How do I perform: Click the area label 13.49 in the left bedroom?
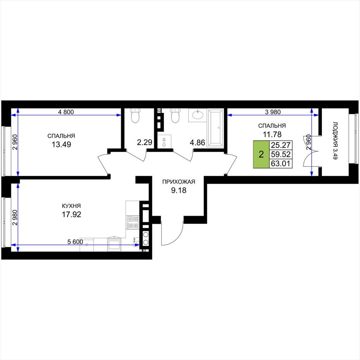(x=61, y=144)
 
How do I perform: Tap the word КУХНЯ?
(x=71, y=206)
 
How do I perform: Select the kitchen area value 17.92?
(x=71, y=214)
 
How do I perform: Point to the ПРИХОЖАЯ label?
(x=179, y=182)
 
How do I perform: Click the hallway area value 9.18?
(x=179, y=190)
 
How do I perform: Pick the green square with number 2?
(x=261, y=154)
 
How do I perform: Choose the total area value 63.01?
(x=281, y=164)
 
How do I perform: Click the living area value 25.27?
(x=281, y=145)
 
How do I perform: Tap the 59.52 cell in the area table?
(x=281, y=154)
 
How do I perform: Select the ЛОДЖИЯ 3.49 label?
(x=335, y=141)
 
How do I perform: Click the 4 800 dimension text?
(x=66, y=112)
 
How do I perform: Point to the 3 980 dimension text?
(x=273, y=112)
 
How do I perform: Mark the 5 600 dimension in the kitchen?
(x=75, y=242)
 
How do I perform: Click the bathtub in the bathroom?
(x=215, y=128)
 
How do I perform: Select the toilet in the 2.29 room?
(x=135, y=115)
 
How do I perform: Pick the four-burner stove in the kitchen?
(x=133, y=222)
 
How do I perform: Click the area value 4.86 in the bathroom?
(x=197, y=143)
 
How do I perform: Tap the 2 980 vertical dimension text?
(x=15, y=218)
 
